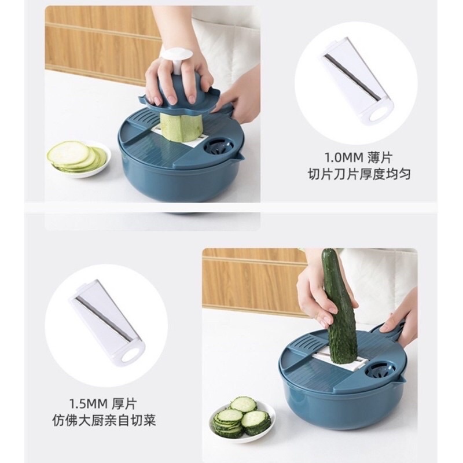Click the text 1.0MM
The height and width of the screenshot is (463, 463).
point(343,157)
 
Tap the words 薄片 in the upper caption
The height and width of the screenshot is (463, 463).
point(380,157)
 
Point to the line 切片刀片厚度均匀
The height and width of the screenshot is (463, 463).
point(359,174)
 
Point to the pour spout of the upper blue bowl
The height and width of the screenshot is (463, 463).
point(240,156)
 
